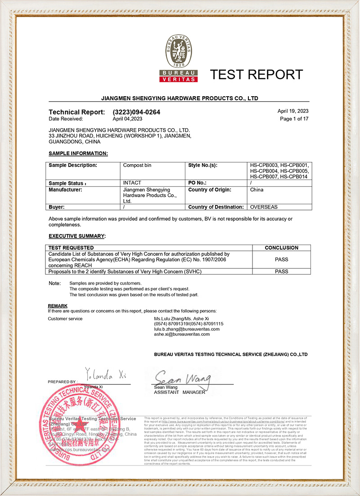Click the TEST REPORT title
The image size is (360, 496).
pos(257,74)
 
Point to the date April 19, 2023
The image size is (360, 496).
pos(293,111)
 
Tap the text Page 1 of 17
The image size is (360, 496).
pos(294,119)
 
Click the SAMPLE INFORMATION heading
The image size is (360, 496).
pos(78,153)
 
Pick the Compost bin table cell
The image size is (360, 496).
pos(137,165)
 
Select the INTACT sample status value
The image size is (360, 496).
pos(132,183)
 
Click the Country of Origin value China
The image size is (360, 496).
pos(256,190)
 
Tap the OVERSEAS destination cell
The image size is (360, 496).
pos(264,207)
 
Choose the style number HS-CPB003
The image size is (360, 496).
pos(264,165)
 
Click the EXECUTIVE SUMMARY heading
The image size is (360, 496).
pos(77,236)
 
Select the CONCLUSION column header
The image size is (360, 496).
pos(281,248)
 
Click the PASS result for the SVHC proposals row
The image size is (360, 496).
pos(281,272)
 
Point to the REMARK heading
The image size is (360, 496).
pos(58,306)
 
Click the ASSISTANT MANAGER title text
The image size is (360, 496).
pos(179,392)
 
